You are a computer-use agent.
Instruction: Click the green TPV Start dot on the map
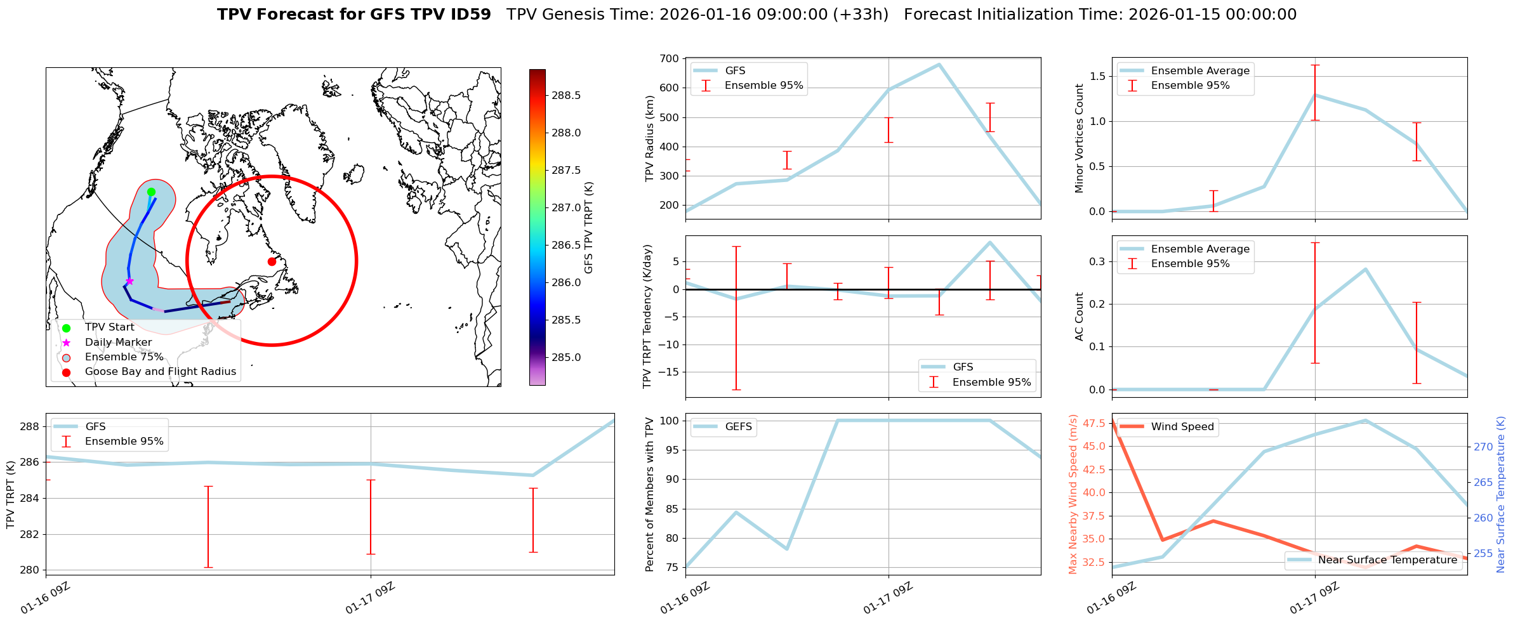click(151, 192)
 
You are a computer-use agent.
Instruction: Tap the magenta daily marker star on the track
click(129, 281)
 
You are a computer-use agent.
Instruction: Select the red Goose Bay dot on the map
click(272, 261)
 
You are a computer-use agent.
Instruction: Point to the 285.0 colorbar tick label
click(567, 357)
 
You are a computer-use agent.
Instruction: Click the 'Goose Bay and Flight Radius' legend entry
click(160, 372)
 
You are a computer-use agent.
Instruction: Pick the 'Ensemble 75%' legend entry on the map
click(124, 357)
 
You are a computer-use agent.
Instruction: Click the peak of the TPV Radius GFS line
click(939, 64)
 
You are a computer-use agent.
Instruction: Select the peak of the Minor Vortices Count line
click(1314, 95)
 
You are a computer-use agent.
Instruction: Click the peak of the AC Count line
click(1365, 269)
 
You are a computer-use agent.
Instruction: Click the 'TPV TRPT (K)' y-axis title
click(11, 494)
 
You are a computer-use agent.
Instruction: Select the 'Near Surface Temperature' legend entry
click(1387, 560)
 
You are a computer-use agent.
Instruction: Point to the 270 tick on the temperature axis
click(1483, 447)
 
